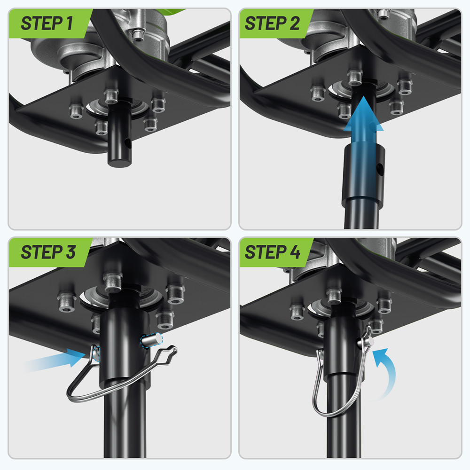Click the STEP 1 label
47,23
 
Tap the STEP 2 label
272,23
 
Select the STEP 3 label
48,252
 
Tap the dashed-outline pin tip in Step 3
152,340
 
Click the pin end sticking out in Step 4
368,341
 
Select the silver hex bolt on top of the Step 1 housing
138,34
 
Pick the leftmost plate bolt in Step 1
76,111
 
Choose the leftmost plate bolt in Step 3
66,302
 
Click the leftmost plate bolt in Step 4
297,312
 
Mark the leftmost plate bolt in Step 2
318,93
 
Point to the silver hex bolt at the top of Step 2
383,14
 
